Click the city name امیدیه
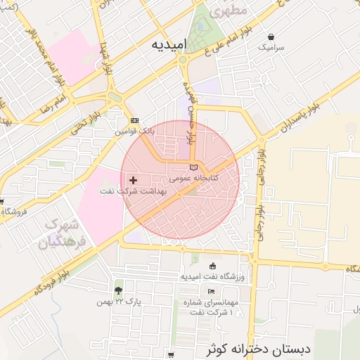(x=169, y=44)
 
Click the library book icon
(x=194, y=167)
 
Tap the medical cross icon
(x=134, y=181)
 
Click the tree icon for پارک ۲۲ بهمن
(x=118, y=290)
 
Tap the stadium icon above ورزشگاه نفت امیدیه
(x=213, y=266)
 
